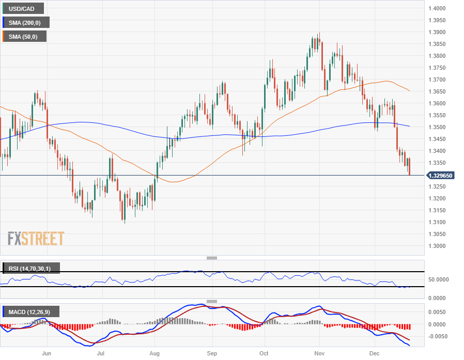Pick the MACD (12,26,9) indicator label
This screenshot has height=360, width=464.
click(33, 311)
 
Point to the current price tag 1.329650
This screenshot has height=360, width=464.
click(441, 176)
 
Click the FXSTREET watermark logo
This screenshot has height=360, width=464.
click(36, 239)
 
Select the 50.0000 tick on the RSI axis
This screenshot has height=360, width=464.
click(439, 279)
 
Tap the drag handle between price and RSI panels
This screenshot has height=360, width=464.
click(212, 258)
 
